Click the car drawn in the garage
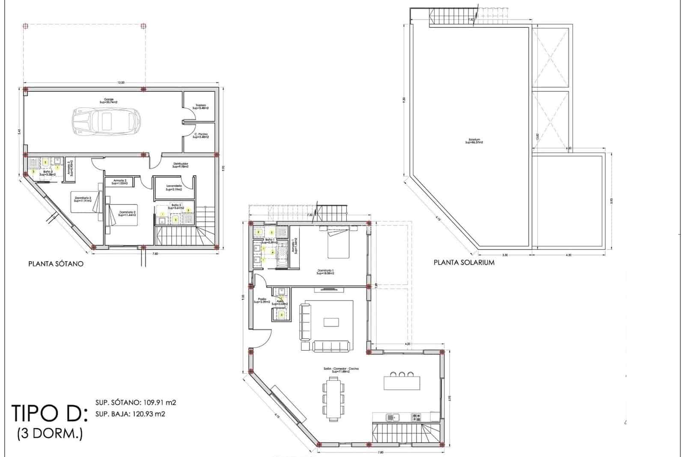106,121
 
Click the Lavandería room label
174,187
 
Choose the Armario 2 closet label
119,182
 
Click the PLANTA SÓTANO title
56,264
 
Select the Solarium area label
474,141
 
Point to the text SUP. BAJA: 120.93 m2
130,414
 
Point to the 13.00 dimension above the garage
121,82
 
